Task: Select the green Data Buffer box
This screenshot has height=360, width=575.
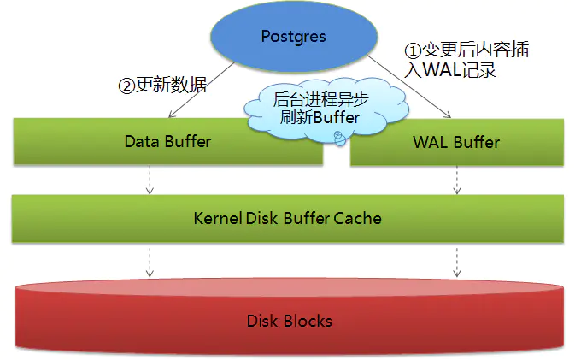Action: click(167, 141)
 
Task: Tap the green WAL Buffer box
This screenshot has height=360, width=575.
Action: click(456, 141)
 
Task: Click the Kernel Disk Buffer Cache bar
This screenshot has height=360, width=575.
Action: click(287, 217)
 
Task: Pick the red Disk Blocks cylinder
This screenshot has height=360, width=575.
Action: click(288, 321)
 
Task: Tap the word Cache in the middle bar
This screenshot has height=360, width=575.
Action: click(361, 217)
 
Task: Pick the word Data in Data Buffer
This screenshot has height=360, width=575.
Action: click(141, 141)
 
